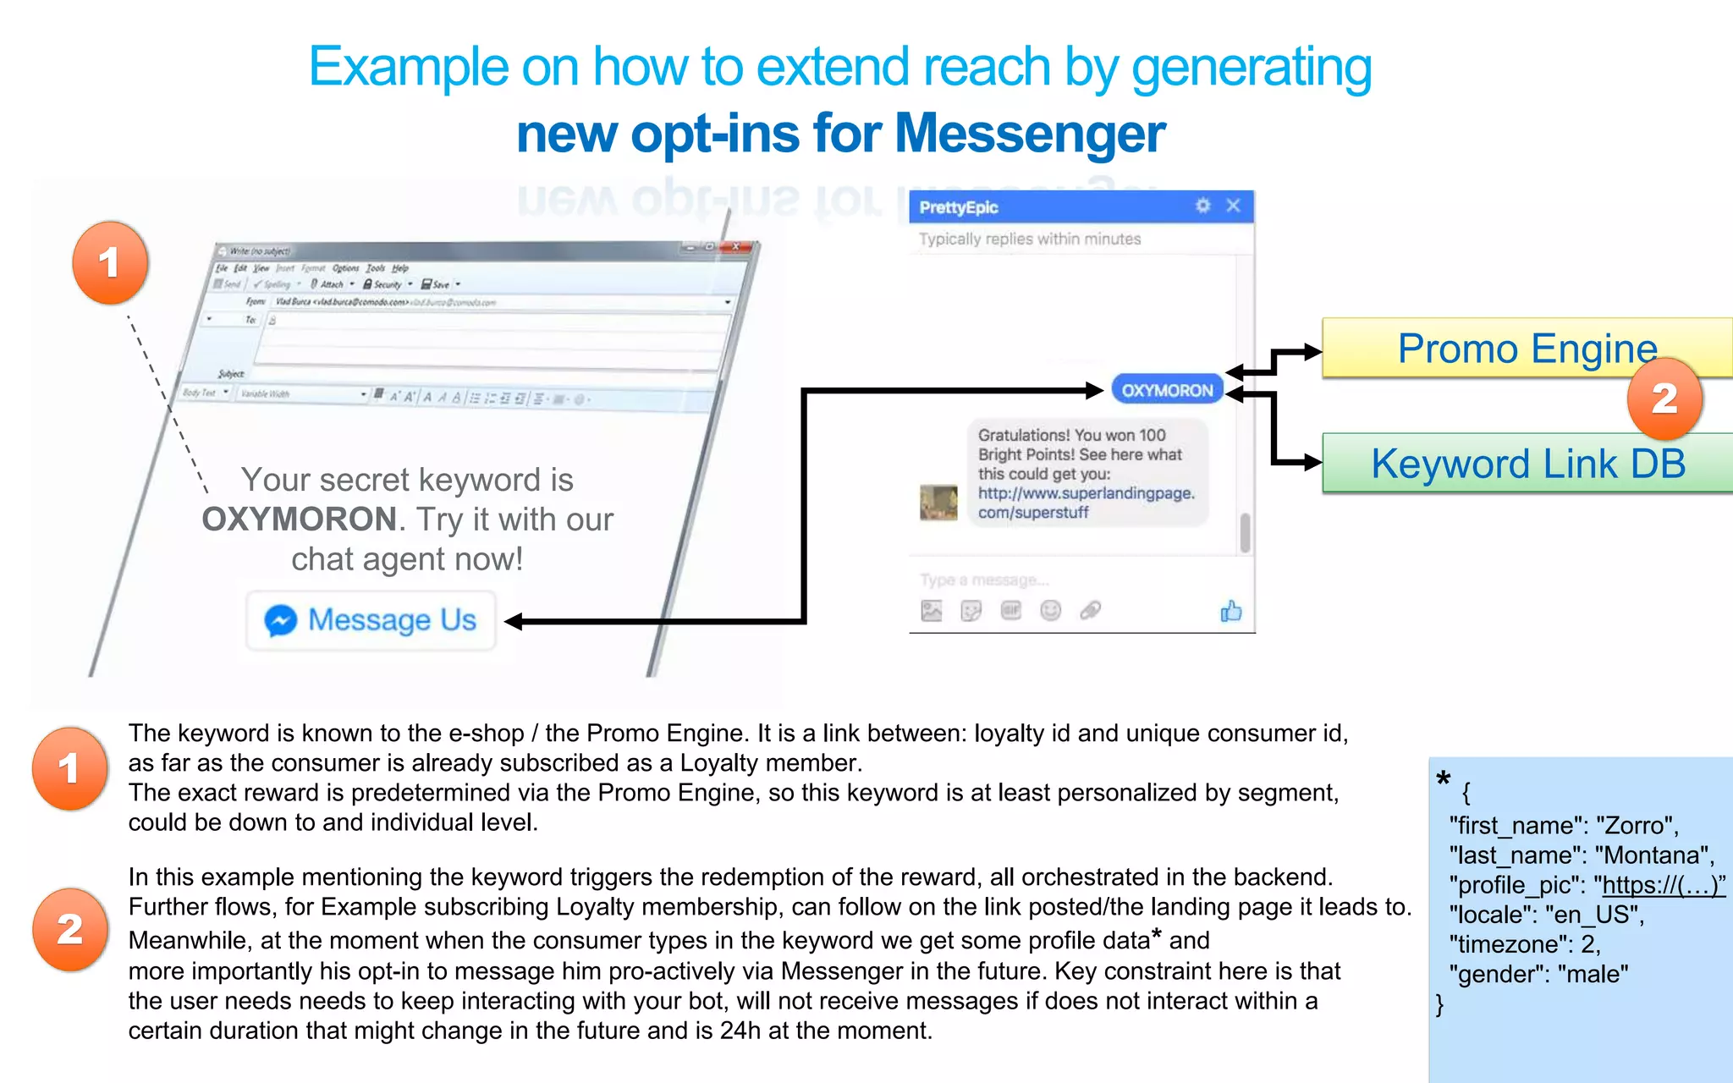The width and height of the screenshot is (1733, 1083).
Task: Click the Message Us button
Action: [x=371, y=620]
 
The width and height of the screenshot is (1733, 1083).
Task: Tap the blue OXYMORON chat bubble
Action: [x=1167, y=390]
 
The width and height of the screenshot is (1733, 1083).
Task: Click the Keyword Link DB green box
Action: [x=1527, y=464]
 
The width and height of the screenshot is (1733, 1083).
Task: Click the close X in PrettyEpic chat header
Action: [x=1233, y=206]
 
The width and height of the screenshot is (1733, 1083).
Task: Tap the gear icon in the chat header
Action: [x=1202, y=206]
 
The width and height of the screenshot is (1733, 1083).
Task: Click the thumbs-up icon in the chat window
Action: [x=1231, y=611]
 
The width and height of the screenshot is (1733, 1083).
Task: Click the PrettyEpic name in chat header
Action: [x=958, y=207]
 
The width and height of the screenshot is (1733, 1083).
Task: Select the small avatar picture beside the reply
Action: [x=938, y=503]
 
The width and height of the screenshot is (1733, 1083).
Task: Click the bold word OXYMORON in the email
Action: [x=300, y=520]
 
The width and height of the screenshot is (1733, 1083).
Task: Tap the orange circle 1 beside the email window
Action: [x=110, y=262]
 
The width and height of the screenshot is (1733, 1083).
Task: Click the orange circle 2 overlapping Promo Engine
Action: [x=1664, y=399]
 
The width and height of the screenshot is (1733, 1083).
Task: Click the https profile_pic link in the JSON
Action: [x=1663, y=885]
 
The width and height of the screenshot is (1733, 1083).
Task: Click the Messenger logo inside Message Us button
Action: [x=280, y=620]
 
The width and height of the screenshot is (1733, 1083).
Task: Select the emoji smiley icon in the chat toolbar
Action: [x=1050, y=610]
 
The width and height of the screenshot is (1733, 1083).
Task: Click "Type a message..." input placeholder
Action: [x=983, y=580]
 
